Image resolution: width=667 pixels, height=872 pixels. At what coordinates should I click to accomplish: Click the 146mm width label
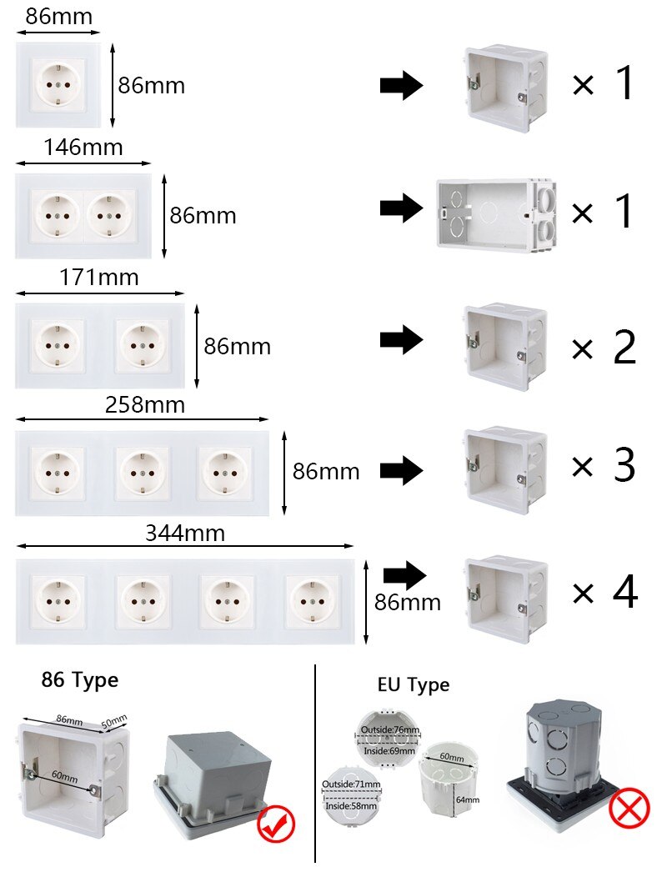[x=83, y=148]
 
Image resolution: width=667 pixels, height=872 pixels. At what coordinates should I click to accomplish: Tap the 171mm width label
[x=99, y=277]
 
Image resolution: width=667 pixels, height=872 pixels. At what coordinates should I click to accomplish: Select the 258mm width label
[x=145, y=405]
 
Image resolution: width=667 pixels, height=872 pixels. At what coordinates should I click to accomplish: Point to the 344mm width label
[x=185, y=533]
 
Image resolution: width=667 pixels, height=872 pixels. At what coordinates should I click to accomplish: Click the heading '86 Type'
[x=79, y=680]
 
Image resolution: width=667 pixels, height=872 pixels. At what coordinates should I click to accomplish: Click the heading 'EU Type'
[x=414, y=685]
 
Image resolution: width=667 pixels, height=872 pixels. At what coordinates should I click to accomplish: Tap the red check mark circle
[x=276, y=824]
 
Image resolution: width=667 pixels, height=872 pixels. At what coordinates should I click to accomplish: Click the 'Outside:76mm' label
[x=390, y=729]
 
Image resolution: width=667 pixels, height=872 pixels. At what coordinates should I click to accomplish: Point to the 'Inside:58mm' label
[x=351, y=806]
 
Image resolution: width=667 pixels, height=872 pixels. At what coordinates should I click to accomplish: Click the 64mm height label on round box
[x=467, y=799]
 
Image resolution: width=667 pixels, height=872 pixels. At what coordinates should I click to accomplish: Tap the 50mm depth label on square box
[x=114, y=721]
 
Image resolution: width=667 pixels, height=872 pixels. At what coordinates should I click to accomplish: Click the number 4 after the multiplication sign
[x=624, y=592]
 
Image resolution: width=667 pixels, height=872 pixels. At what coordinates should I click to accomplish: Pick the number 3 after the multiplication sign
[x=624, y=465]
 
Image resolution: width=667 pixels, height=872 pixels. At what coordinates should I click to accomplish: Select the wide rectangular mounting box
[x=496, y=215]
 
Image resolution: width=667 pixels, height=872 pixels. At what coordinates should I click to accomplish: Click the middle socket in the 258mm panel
[x=143, y=474]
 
